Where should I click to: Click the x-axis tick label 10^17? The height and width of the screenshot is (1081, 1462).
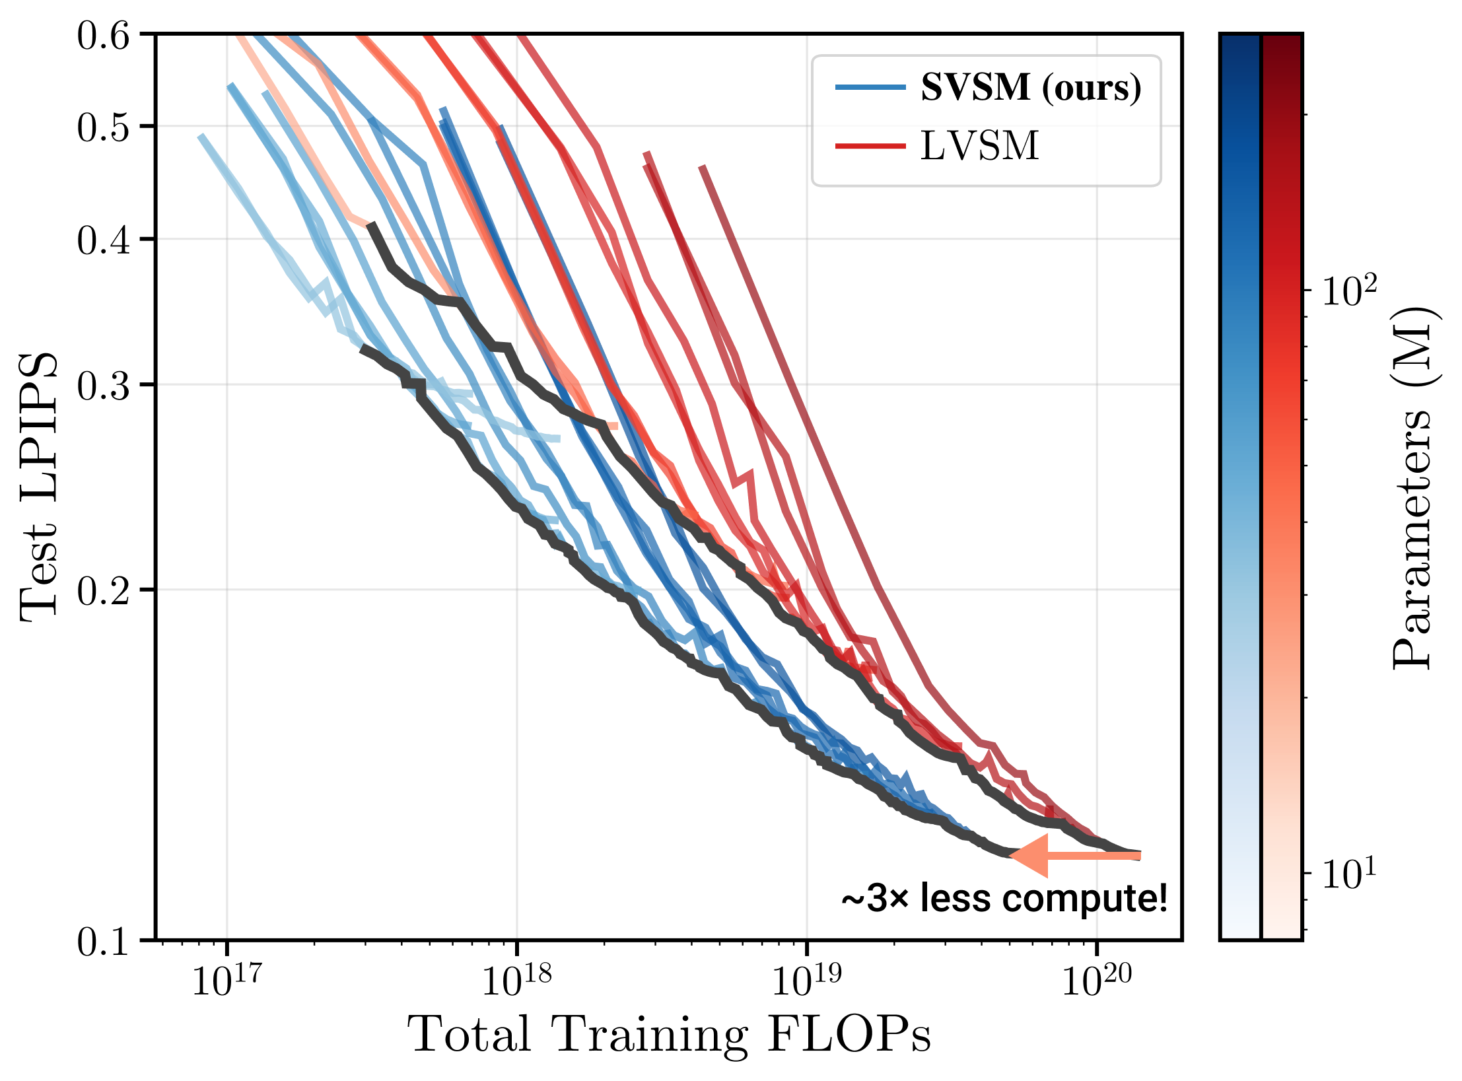226,979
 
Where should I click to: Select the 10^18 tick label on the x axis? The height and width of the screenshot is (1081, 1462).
516,979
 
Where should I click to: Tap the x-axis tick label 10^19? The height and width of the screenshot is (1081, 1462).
806,979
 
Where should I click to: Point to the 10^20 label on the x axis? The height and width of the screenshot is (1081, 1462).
1096,979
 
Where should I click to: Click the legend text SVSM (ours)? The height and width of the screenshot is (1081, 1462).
1031,87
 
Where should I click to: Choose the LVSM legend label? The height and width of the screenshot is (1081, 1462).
980,146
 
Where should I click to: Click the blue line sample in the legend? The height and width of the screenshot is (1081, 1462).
870,87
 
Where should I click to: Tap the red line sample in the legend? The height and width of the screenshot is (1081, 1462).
870,146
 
